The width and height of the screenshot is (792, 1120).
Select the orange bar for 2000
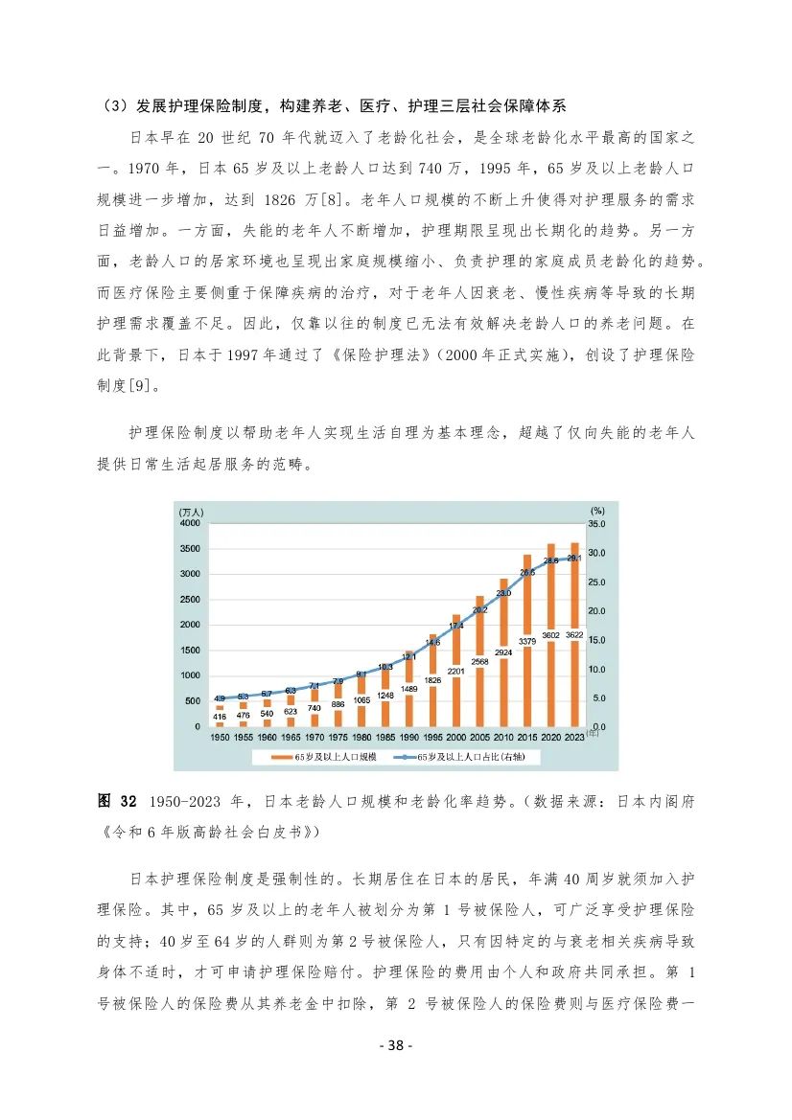(x=458, y=671)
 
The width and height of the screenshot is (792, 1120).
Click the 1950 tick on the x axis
(x=221, y=737)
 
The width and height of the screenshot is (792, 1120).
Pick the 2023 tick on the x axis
(x=574, y=737)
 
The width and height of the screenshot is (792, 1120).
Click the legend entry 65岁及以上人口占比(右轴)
(x=474, y=756)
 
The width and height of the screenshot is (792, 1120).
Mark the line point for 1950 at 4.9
(x=221, y=698)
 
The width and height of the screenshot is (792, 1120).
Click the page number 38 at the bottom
(x=395, y=1045)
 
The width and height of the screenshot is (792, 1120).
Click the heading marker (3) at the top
(x=114, y=104)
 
